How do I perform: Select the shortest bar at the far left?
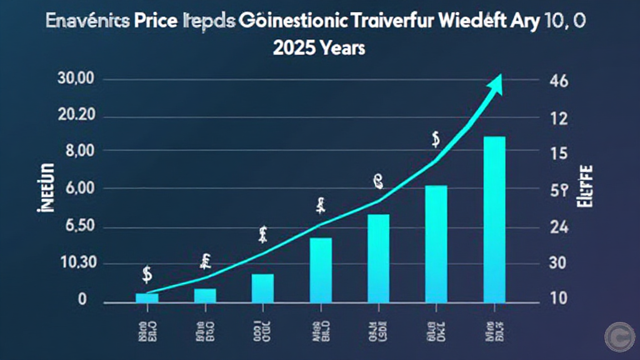point(147,297)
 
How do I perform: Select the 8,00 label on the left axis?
point(79,151)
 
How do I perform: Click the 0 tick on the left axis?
point(82,301)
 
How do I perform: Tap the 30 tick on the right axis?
point(556,264)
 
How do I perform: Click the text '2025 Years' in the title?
point(319,47)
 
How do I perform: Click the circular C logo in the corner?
point(619,337)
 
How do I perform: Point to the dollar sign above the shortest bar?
point(147,274)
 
